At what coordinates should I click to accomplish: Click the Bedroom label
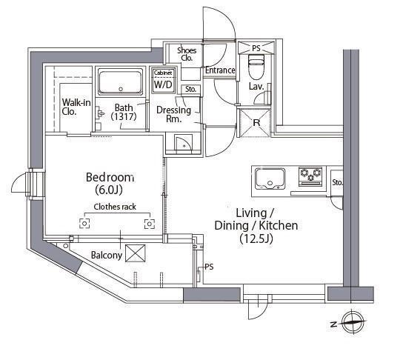pyautogui.click(x=110, y=177)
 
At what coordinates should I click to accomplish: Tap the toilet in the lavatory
pyautogui.click(x=256, y=67)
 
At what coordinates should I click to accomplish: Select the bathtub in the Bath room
pyautogui.click(x=121, y=82)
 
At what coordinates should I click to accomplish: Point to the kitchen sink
pyautogui.click(x=270, y=179)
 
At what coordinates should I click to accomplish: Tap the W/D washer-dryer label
pyautogui.click(x=163, y=84)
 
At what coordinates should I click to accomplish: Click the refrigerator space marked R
pyautogui.click(x=256, y=122)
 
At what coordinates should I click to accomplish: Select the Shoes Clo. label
pyautogui.click(x=187, y=54)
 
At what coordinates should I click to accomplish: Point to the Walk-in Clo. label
pyautogui.click(x=76, y=107)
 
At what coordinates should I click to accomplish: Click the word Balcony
pyautogui.click(x=107, y=256)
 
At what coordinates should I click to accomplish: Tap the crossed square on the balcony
pyautogui.click(x=135, y=253)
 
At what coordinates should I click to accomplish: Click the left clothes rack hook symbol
pyautogui.click(x=84, y=224)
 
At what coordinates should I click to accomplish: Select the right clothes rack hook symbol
pyautogui.click(x=150, y=224)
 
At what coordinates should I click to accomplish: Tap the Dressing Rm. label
pyautogui.click(x=174, y=114)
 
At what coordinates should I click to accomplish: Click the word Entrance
pyautogui.click(x=220, y=70)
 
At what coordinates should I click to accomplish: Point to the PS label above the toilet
pyautogui.click(x=256, y=48)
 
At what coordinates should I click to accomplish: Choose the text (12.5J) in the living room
pyautogui.click(x=256, y=239)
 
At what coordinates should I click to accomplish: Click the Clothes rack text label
pyautogui.click(x=115, y=207)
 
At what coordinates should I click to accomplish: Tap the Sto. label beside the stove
pyautogui.click(x=337, y=182)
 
